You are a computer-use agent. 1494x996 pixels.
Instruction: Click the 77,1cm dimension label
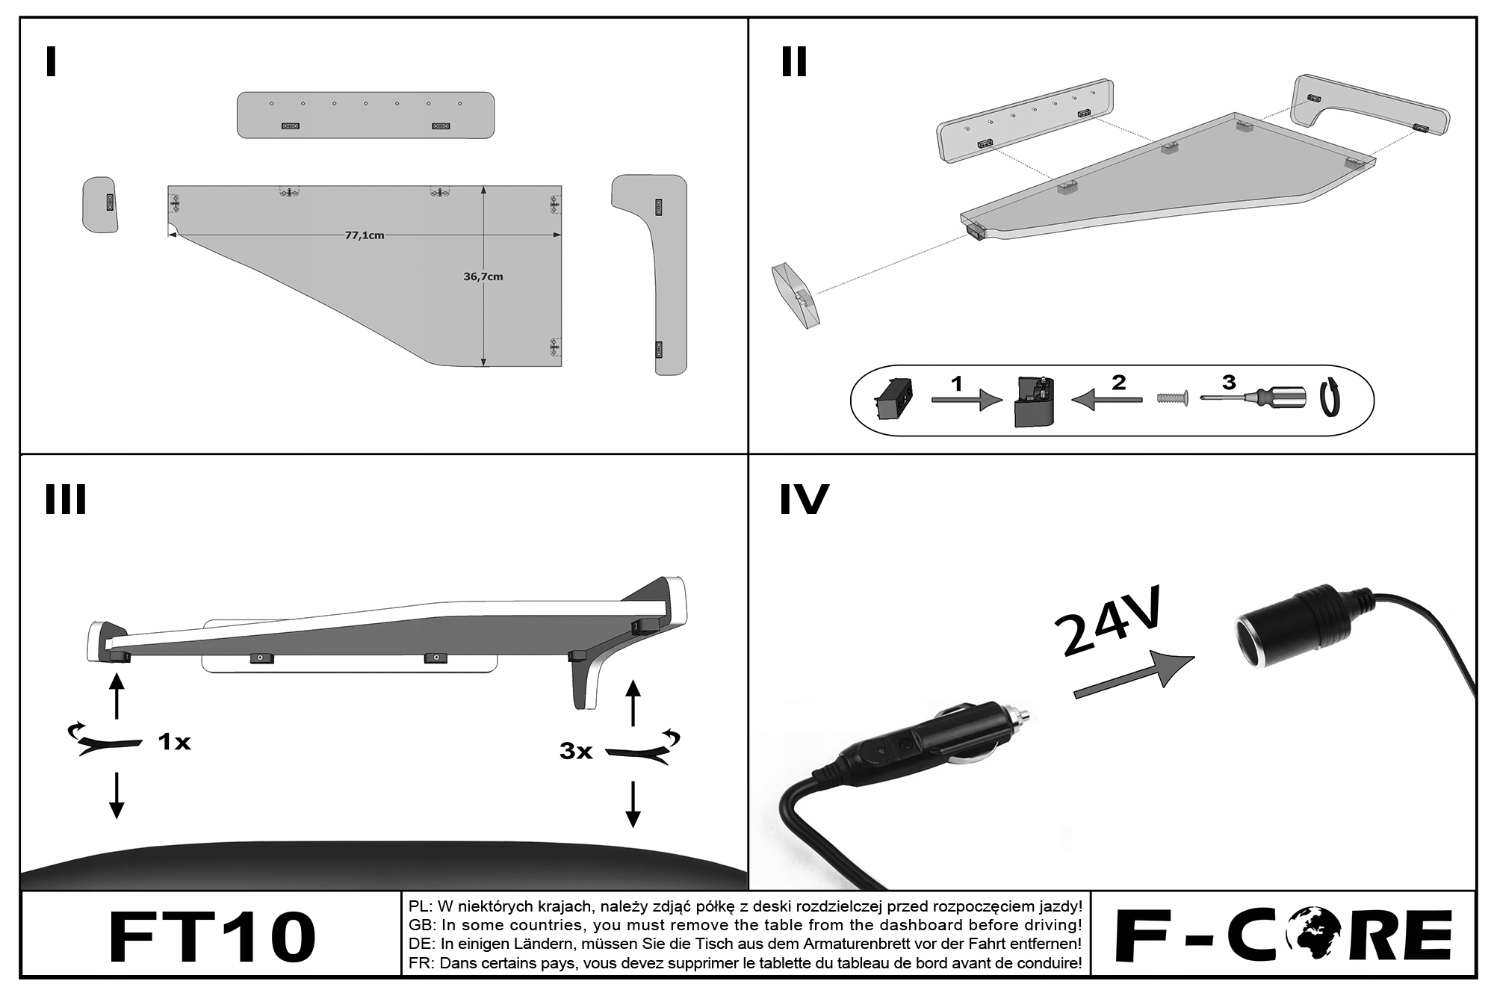(x=365, y=235)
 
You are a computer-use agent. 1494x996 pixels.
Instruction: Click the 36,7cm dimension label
(x=483, y=276)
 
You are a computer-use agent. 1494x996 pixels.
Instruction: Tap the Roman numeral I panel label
(x=51, y=62)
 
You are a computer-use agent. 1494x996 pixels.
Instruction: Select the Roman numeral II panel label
(x=793, y=62)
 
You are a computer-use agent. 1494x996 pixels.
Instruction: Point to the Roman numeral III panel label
(x=66, y=500)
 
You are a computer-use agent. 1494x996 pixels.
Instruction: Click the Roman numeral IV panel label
(x=804, y=500)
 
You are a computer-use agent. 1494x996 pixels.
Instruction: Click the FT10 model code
(x=212, y=936)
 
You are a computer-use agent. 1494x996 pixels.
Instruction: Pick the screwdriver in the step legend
(x=1255, y=397)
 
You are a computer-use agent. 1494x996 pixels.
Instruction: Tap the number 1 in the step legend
(x=957, y=383)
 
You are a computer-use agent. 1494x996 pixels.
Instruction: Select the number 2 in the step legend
(x=1118, y=383)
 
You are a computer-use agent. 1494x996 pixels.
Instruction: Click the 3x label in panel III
(x=576, y=751)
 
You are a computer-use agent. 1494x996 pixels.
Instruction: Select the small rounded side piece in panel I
(x=99, y=204)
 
